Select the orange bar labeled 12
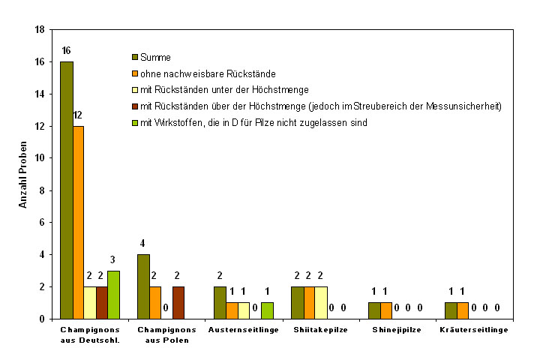[79, 222]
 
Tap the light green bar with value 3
[113, 295]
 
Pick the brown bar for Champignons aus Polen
[178, 302]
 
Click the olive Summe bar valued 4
[143, 286]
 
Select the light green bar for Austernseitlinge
[267, 310]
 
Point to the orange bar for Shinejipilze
[385, 310]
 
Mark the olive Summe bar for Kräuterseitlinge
[451, 310]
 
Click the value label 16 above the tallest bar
[66, 50]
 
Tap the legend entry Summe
[156, 57]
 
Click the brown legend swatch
[135, 106]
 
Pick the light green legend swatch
[135, 122]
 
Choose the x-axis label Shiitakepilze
[320, 330]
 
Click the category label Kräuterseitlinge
[474, 330]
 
